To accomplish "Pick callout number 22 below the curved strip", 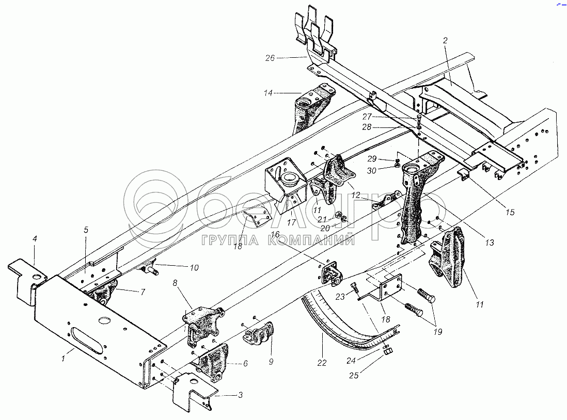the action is (322, 363).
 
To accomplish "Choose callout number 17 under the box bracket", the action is (291, 223).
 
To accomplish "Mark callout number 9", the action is (270, 362).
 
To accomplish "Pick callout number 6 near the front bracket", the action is (245, 363).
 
